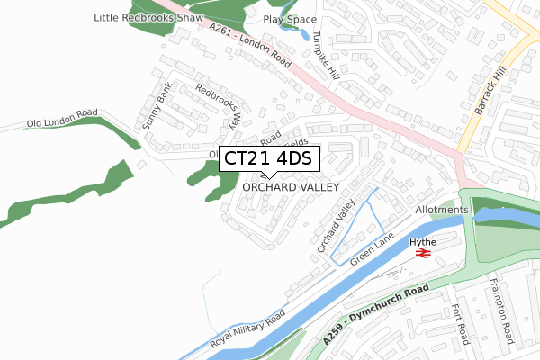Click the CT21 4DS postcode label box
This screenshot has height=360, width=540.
point(267,159)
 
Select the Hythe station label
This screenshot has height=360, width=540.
point(424,242)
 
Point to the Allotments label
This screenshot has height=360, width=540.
point(442,210)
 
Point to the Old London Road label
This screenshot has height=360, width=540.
point(62,119)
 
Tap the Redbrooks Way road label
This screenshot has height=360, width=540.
point(219,108)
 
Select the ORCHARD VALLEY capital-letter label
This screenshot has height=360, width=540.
point(290,187)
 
